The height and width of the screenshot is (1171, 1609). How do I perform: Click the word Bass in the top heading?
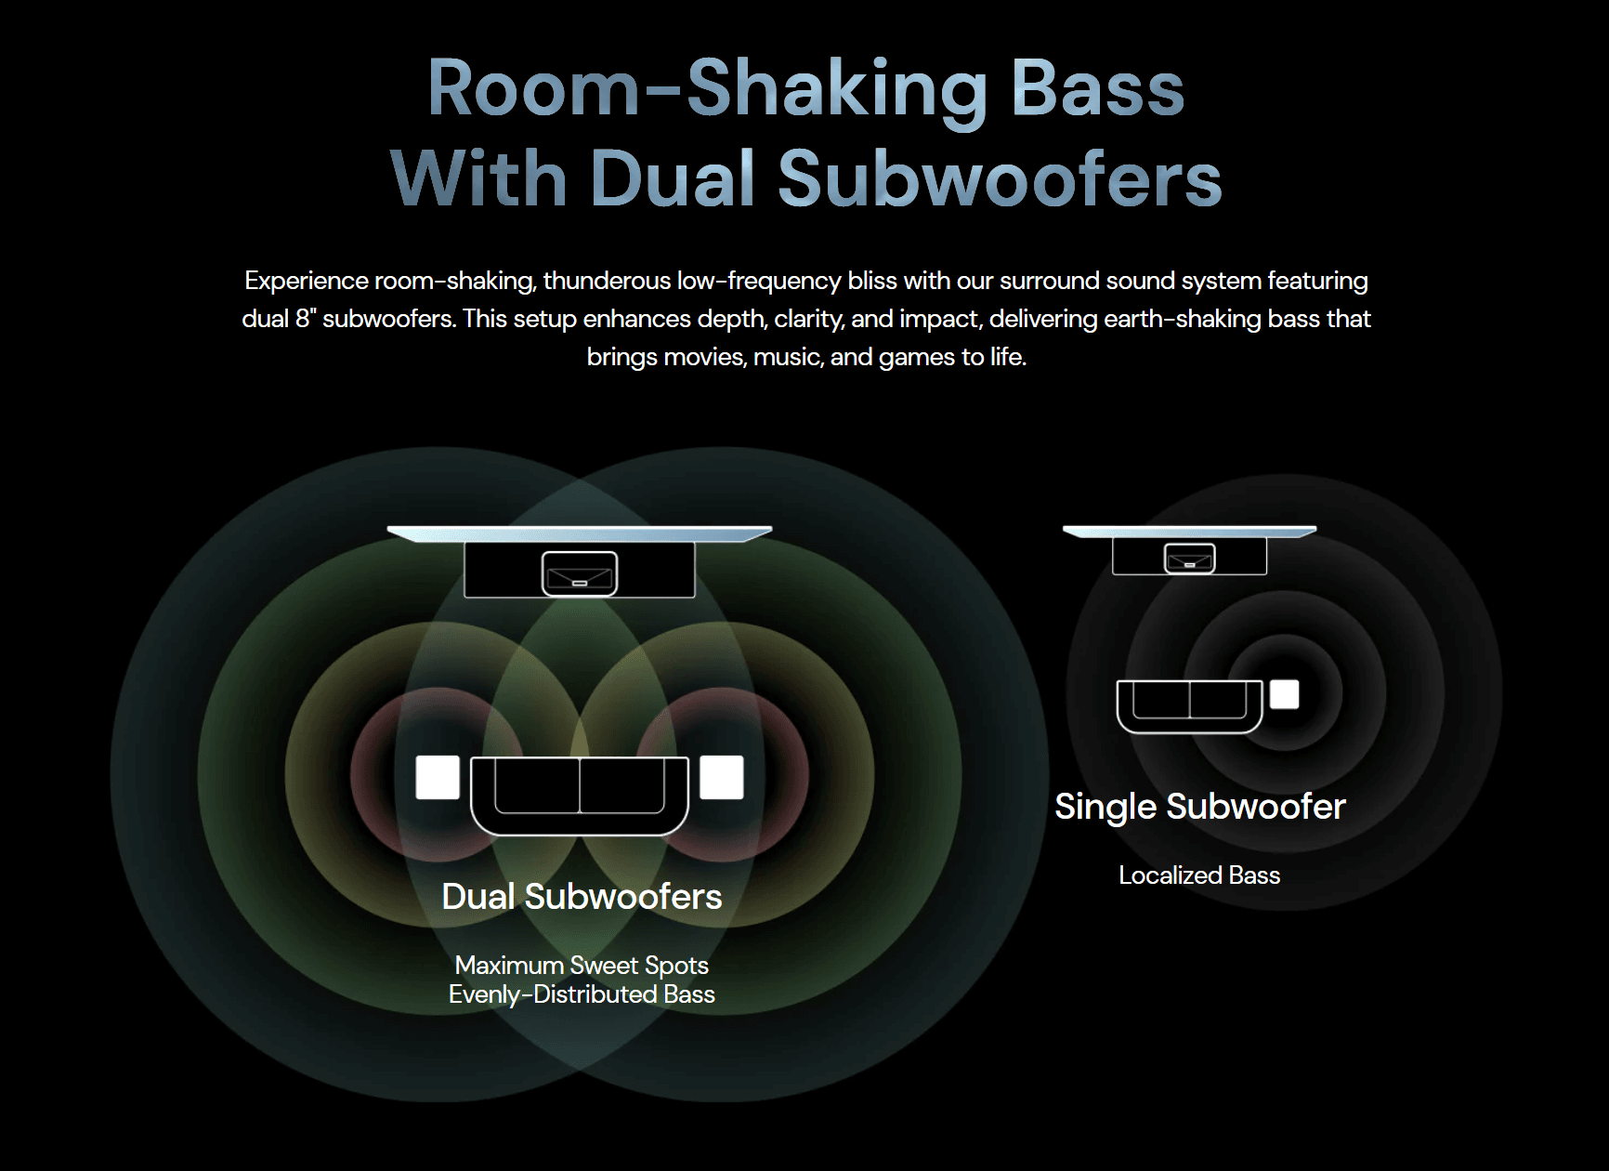coord(1097,89)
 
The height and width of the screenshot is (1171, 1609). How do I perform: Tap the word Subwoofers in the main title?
coord(1000,178)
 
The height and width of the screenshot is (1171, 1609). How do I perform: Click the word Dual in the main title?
coord(671,178)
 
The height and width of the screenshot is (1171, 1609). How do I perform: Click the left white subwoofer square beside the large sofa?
coord(438,777)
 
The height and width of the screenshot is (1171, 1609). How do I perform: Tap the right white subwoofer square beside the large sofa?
coord(721,777)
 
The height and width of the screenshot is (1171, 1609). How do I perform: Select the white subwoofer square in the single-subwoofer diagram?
coord(1284,694)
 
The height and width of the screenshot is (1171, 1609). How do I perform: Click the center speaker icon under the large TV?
coord(580,573)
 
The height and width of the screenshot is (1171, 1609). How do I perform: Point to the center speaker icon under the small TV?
coord(1189,559)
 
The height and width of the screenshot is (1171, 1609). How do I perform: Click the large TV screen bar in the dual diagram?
coord(580,533)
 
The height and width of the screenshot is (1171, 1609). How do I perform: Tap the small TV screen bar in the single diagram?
coord(1189,532)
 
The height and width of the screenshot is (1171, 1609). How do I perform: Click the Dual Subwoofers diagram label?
coord(582,897)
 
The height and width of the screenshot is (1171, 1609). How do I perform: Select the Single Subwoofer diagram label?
coord(1199,807)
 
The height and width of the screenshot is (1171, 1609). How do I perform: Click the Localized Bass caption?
coord(1199,875)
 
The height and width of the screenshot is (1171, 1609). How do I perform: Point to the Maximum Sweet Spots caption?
coord(582,966)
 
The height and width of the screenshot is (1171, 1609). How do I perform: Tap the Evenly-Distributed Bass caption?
coord(582,994)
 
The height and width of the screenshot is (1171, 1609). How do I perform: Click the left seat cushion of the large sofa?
coord(537,785)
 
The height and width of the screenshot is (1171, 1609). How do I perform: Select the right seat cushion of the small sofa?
coord(1218,699)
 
